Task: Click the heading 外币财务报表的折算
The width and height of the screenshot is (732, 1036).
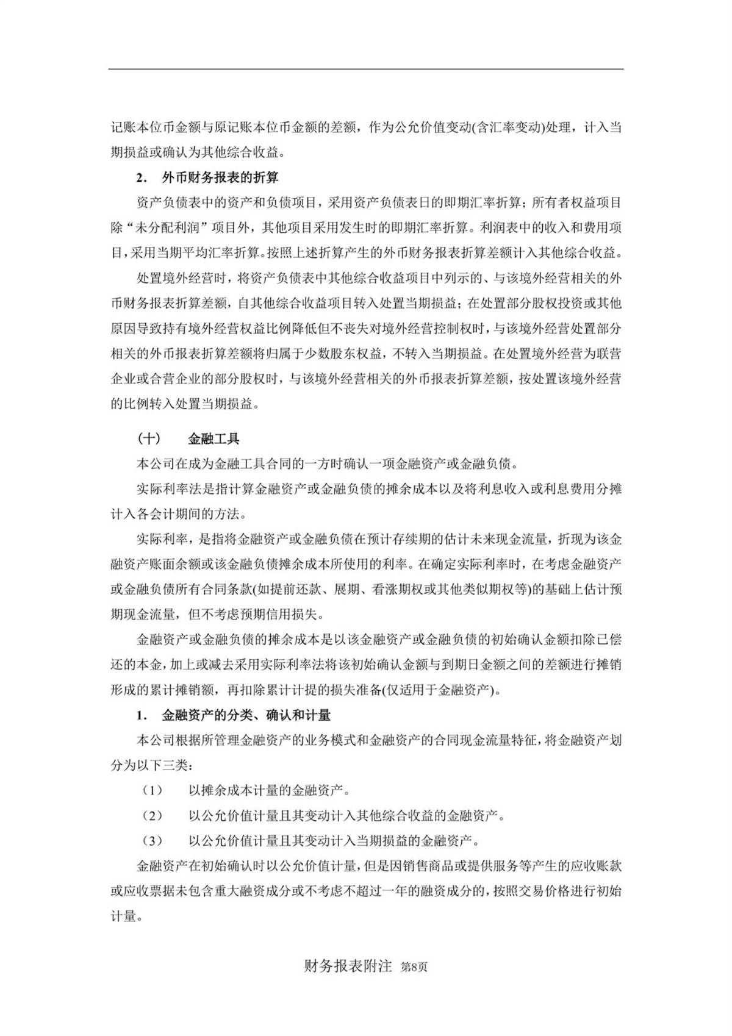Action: (220, 177)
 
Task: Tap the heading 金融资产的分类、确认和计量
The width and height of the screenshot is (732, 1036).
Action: (246, 715)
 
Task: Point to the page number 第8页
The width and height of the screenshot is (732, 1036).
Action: (414, 967)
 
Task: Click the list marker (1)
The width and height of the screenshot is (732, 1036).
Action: (152, 791)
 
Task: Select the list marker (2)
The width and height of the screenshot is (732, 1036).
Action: (152, 816)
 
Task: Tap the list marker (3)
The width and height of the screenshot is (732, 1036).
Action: (152, 841)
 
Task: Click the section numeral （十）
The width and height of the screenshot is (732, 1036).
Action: (149, 438)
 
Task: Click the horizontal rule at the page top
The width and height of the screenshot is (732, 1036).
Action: (366, 69)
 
